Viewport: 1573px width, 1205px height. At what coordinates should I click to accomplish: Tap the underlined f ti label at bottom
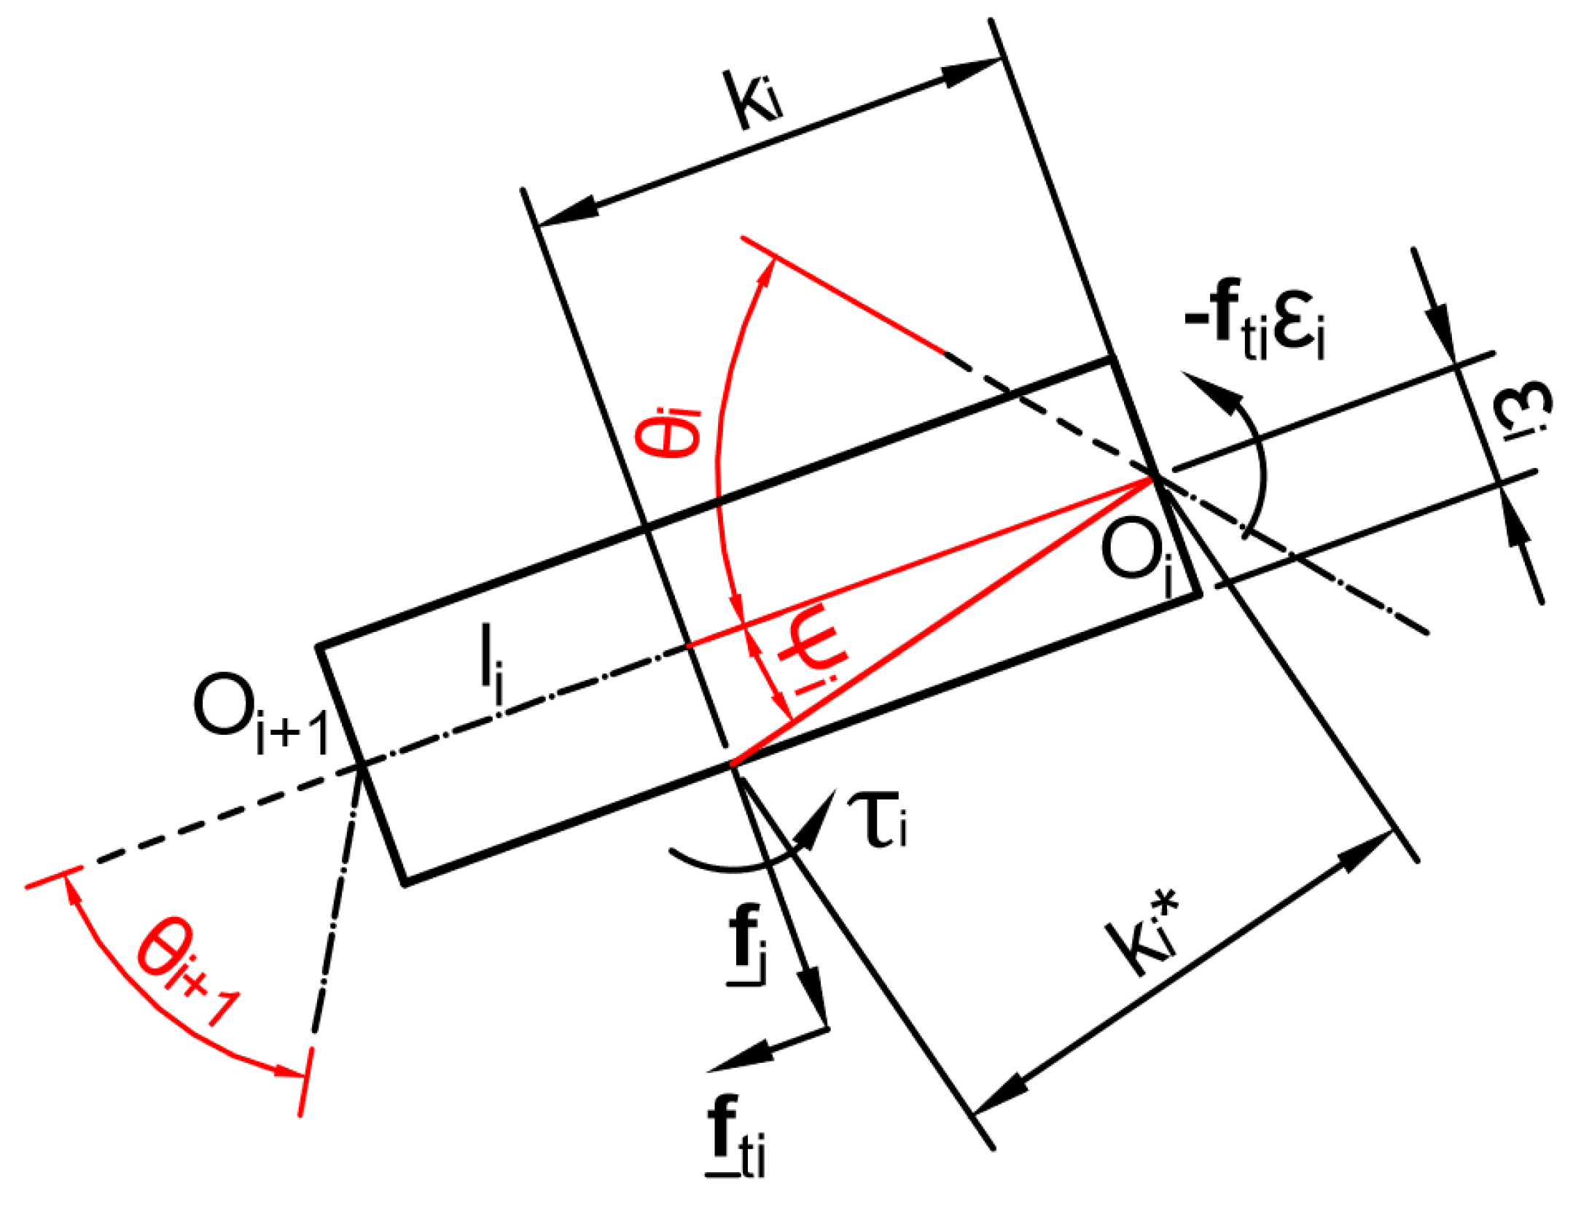tap(735, 1138)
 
